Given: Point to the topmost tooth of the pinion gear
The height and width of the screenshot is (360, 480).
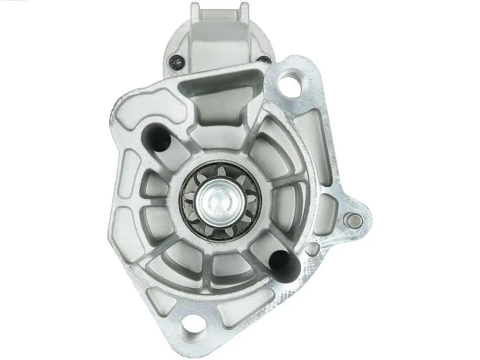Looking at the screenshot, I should click(x=220, y=169).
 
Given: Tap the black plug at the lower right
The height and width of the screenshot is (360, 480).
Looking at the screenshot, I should click(x=284, y=263).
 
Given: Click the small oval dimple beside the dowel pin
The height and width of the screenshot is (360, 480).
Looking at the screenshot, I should click(x=312, y=249).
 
